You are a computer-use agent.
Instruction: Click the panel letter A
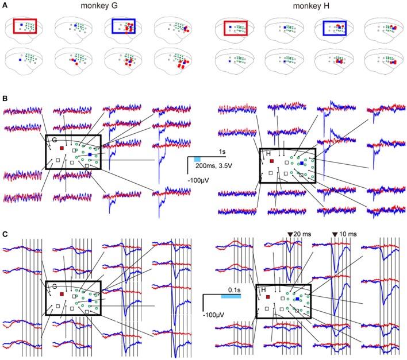click(5, 6)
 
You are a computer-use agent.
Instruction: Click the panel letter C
click(5, 234)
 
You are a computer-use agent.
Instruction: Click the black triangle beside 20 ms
click(289, 234)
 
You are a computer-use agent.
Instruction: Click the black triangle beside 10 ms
click(337, 234)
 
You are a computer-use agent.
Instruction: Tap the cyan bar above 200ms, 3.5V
click(197, 158)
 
